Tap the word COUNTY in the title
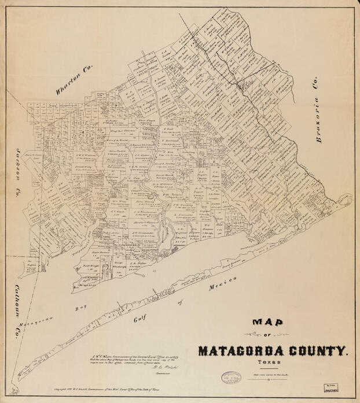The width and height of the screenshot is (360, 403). pos(318,350)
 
